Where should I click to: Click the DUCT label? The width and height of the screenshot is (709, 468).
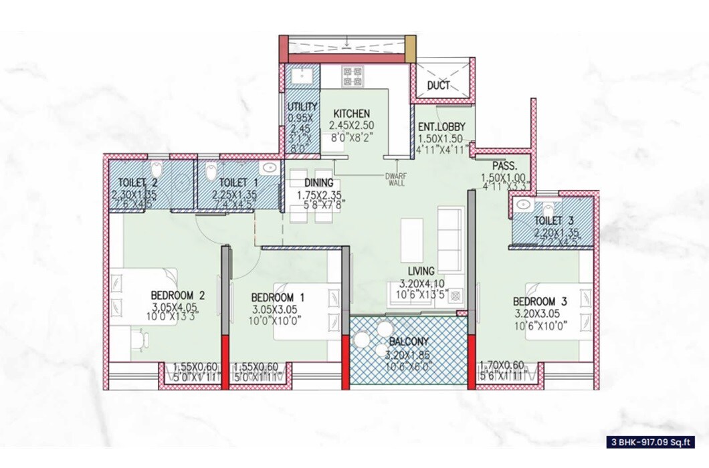438,85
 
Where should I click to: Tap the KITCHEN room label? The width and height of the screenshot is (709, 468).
350,114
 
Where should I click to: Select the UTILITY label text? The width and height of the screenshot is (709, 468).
297,107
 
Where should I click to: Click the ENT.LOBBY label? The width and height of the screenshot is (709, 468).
437,127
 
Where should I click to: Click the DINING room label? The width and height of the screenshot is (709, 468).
319,182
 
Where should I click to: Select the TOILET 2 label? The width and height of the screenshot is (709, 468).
138,182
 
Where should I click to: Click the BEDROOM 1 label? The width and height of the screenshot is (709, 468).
278,298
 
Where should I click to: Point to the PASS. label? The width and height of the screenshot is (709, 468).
503,166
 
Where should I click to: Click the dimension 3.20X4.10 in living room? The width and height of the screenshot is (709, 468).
422,283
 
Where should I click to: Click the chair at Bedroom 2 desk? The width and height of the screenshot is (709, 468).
138,340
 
